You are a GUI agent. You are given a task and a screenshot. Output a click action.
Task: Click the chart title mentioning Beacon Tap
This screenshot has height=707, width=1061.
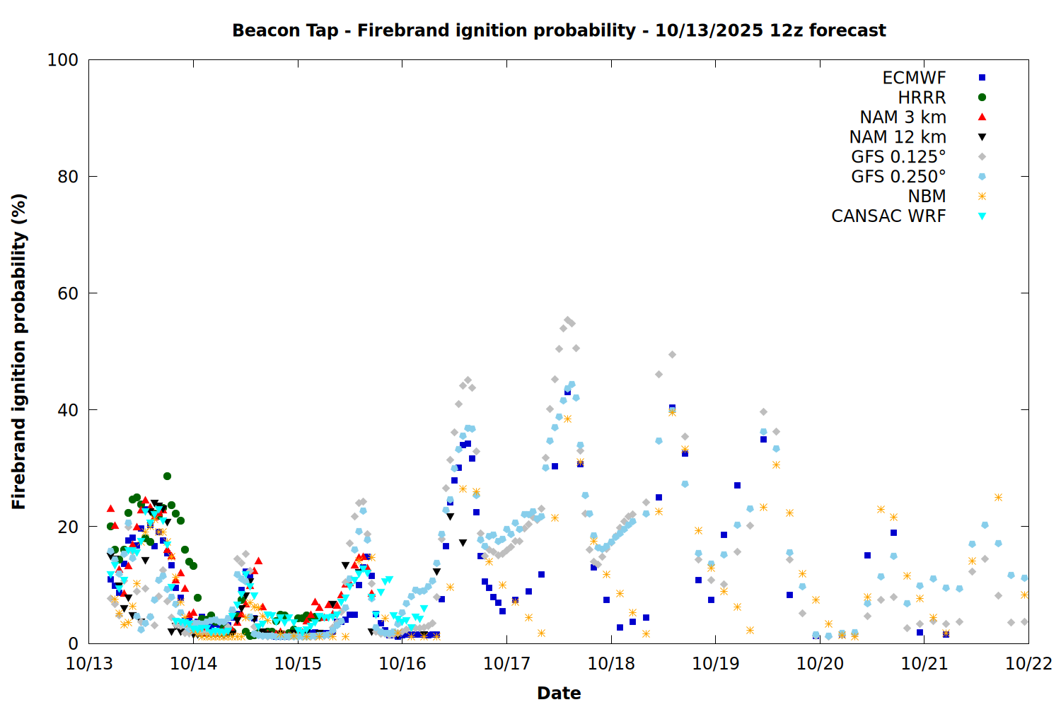pos(559,30)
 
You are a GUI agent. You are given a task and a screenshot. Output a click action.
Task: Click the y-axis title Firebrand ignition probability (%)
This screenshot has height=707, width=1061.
pos(19,351)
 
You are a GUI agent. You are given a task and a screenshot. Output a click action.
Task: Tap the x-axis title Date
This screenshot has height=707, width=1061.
pos(559,693)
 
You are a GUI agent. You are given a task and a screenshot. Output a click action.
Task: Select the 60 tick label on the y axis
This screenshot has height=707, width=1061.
pos(68,293)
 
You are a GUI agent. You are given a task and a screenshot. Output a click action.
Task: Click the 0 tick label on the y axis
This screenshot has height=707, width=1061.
pos(73,643)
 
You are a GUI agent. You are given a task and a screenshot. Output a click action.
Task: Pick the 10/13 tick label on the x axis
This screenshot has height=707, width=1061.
pos(89,663)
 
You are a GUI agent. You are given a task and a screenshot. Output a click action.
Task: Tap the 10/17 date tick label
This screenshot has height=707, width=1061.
pos(506,663)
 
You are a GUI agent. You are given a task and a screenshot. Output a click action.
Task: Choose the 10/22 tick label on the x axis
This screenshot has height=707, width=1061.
pos(1028,663)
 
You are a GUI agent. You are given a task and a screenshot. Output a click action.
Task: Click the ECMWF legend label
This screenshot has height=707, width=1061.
pos(914,78)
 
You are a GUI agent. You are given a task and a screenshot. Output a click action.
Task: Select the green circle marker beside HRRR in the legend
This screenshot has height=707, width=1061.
pos(982,98)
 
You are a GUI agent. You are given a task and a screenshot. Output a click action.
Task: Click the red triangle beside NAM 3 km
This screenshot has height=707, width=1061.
pos(982,117)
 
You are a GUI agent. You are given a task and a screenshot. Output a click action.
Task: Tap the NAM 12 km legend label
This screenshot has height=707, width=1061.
pos(898,137)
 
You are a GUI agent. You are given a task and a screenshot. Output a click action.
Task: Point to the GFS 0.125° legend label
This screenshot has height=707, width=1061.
pos(898,157)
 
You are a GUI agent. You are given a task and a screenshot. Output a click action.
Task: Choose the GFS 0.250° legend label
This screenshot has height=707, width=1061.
pos(898,177)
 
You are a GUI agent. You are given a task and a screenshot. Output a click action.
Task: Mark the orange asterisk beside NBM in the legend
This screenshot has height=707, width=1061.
pos(982,197)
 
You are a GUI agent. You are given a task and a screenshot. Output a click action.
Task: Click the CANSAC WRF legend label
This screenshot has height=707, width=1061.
pos(888,216)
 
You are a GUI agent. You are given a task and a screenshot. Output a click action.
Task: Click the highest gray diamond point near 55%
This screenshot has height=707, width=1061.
pos(567,320)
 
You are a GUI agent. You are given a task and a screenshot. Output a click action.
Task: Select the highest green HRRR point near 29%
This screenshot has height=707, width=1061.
pos(167,476)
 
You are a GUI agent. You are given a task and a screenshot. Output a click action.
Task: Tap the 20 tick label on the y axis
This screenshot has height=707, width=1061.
pos(68,527)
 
